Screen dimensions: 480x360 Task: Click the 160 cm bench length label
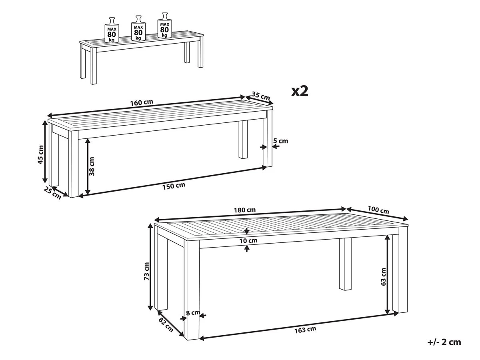click(x=142, y=102)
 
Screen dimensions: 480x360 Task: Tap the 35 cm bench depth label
click(x=260, y=96)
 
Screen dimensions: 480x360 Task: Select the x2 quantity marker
click(x=300, y=91)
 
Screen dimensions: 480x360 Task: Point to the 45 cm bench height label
click(x=41, y=154)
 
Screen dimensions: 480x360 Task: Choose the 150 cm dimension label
click(x=174, y=186)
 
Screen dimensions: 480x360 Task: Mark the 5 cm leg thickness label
click(x=280, y=141)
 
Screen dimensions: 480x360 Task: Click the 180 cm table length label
click(x=245, y=210)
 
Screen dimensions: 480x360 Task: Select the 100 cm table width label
click(x=378, y=210)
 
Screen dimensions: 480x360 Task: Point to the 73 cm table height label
click(x=146, y=271)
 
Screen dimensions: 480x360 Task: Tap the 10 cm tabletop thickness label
click(x=248, y=241)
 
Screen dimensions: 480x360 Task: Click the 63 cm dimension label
click(x=383, y=277)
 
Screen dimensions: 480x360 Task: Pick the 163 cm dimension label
click(x=305, y=329)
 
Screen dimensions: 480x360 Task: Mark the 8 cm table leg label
click(x=193, y=312)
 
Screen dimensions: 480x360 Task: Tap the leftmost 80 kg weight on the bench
click(x=112, y=30)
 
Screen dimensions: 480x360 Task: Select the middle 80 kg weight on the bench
click(x=138, y=28)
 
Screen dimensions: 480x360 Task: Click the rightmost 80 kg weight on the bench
click(x=165, y=25)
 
